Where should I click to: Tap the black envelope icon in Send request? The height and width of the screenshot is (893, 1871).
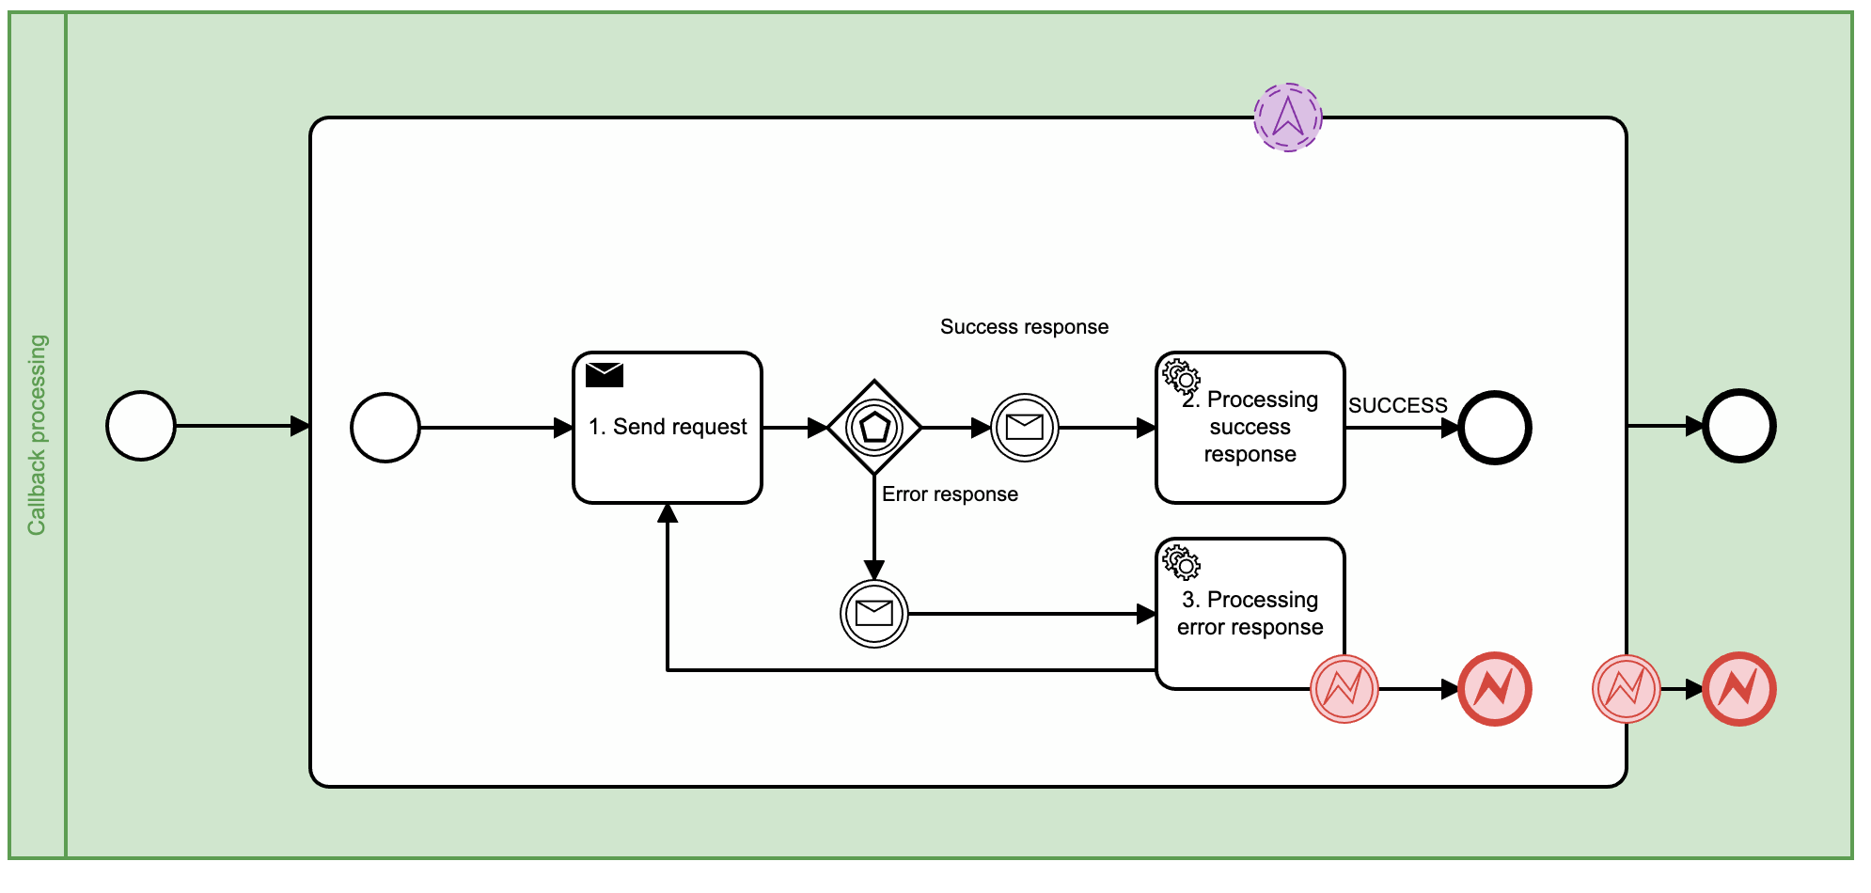click(x=605, y=375)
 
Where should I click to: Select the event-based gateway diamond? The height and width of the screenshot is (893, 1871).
click(x=874, y=428)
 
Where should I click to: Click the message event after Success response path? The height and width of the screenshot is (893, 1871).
click(x=1025, y=428)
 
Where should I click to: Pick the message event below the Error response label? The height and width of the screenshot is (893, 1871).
click(x=874, y=614)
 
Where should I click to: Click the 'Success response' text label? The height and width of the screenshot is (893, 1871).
click(x=1024, y=327)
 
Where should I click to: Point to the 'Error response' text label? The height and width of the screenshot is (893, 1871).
click(x=950, y=494)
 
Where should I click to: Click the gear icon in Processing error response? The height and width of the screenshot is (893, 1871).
click(x=1181, y=562)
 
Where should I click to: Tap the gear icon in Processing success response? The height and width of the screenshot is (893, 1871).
click(x=1181, y=376)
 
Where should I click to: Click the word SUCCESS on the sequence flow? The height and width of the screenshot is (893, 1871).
click(x=1397, y=406)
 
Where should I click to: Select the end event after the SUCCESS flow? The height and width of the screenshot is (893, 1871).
click(x=1495, y=428)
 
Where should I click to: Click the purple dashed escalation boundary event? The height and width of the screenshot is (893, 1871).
click(x=1288, y=117)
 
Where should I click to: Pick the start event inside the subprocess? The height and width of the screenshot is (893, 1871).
click(x=385, y=428)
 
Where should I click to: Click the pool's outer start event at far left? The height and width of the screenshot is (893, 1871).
click(x=141, y=426)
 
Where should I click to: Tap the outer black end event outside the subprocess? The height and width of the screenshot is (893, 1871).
click(x=1739, y=426)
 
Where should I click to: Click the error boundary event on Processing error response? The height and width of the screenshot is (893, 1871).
click(x=1344, y=689)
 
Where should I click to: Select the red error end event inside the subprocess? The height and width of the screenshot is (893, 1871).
click(x=1495, y=689)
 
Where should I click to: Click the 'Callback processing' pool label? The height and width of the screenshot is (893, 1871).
click(x=37, y=435)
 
